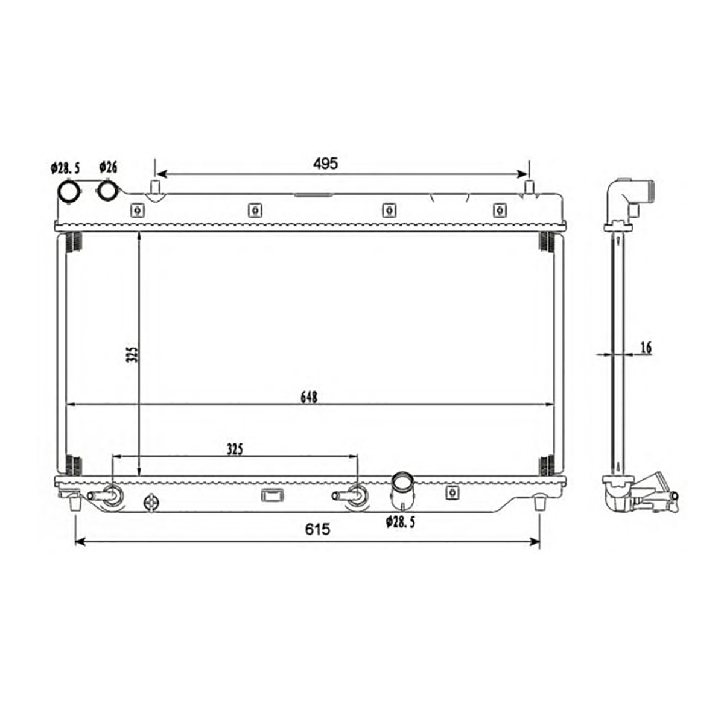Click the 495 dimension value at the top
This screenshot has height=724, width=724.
325,164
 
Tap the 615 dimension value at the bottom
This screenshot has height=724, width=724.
317,529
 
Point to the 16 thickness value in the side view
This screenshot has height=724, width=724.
646,348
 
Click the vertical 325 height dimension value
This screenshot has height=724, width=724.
133,354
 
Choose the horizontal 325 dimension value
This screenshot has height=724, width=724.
235,449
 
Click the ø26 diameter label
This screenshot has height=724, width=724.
108,167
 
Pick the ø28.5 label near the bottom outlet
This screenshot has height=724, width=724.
400,522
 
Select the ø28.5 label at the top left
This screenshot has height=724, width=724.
65,168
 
